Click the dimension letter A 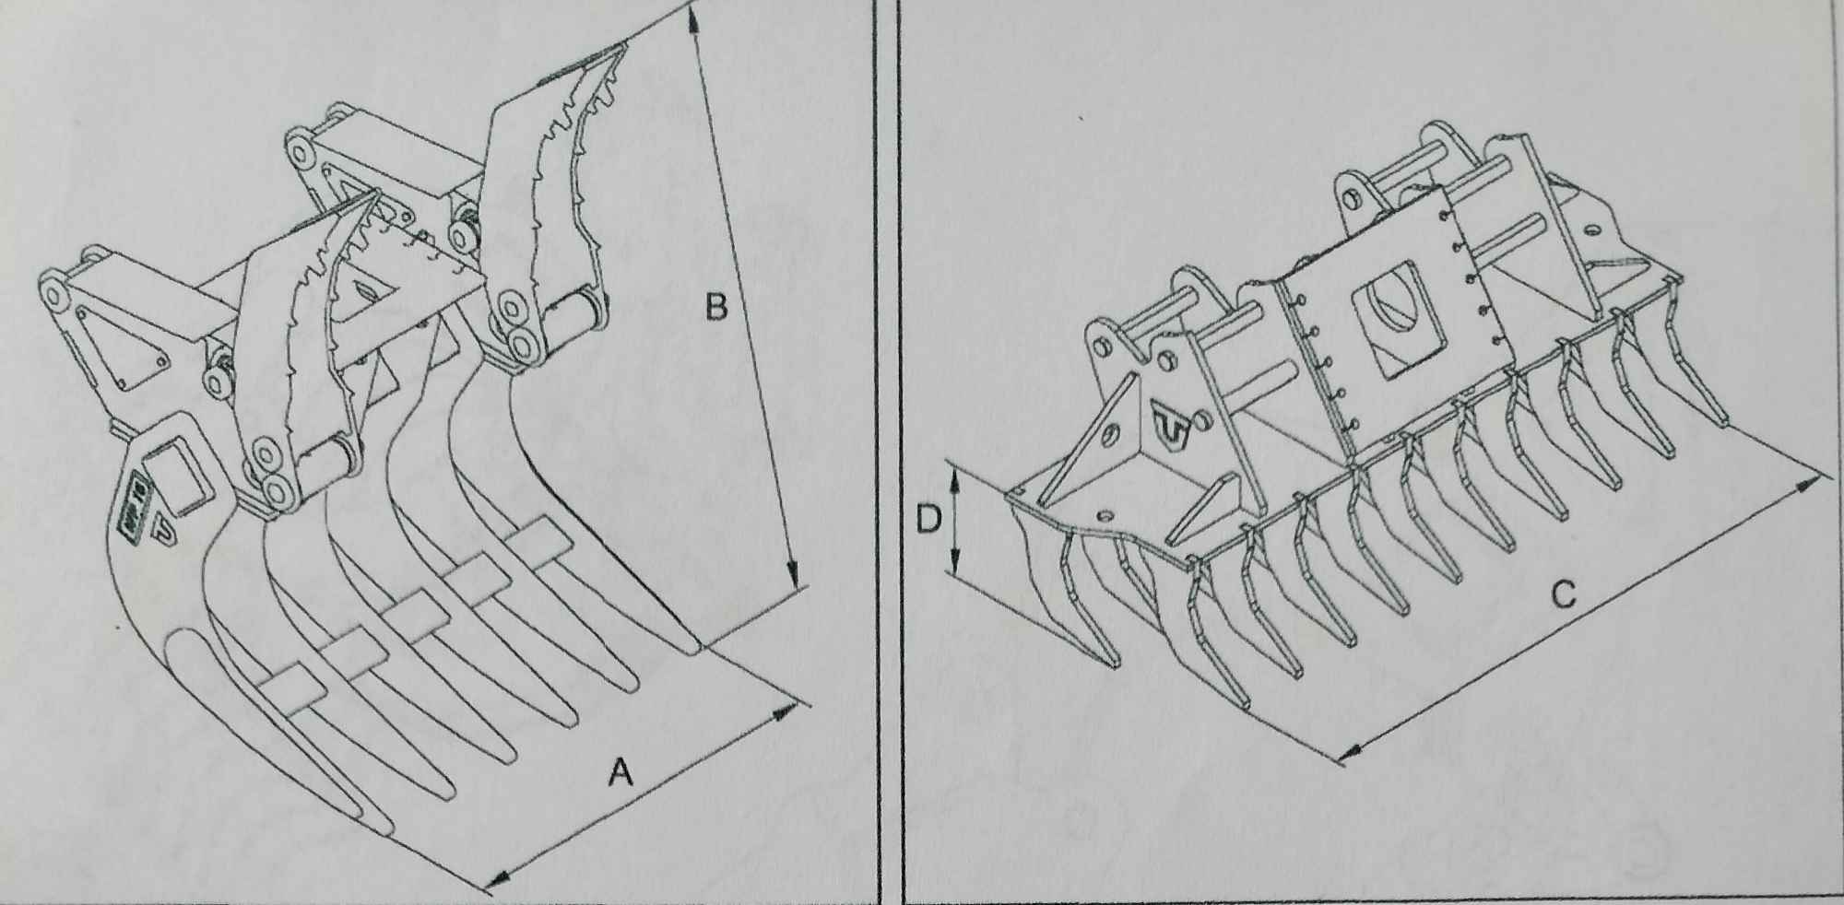click(621, 771)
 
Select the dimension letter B click(716, 306)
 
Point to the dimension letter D click(928, 521)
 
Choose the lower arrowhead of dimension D click(956, 559)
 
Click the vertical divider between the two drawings click(888, 452)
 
